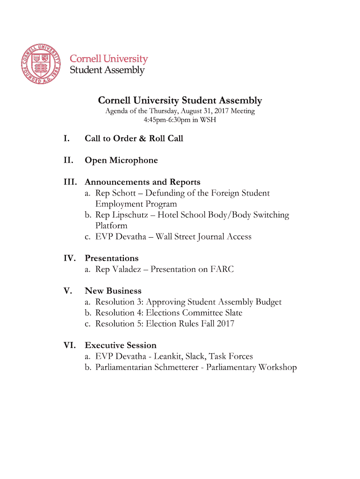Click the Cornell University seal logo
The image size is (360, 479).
click(x=41, y=64)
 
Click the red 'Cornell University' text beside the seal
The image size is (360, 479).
click(x=108, y=59)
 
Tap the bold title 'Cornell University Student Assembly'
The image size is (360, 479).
click(x=180, y=101)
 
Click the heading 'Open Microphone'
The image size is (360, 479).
click(x=121, y=160)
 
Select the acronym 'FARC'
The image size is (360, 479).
click(x=222, y=269)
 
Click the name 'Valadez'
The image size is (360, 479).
click(x=126, y=269)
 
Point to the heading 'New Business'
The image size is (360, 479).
click(x=113, y=291)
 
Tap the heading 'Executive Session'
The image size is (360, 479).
click(x=120, y=345)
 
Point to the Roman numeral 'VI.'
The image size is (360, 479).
click(x=71, y=345)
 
